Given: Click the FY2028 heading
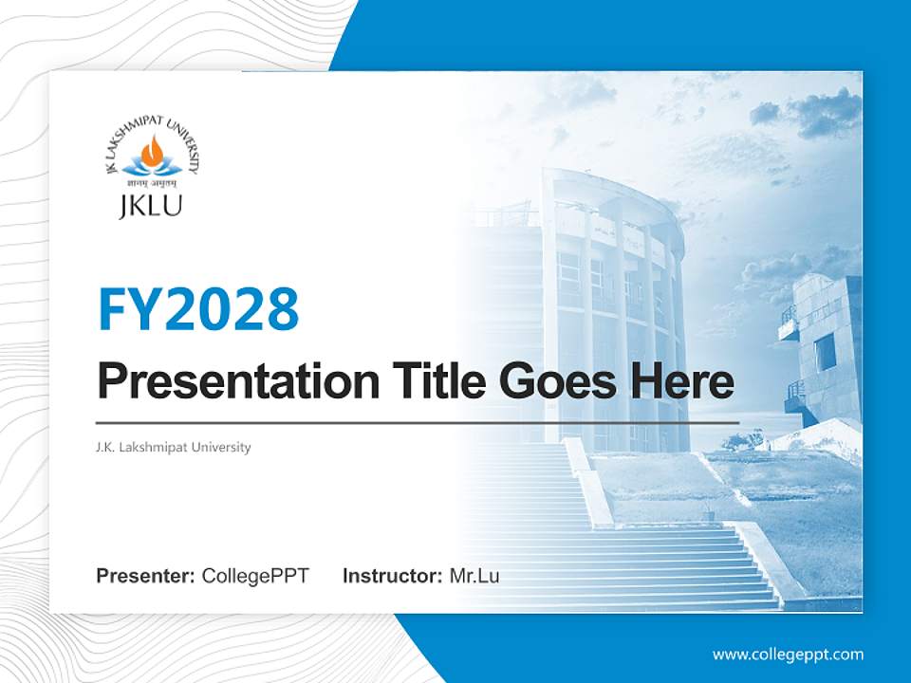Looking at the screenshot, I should [x=198, y=310].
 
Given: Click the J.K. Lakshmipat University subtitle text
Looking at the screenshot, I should [x=174, y=447].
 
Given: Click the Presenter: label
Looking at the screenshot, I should [x=146, y=576].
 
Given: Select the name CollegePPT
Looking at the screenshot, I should [x=255, y=576].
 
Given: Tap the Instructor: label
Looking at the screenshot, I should [x=392, y=576].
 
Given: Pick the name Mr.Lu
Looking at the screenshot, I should [x=474, y=576].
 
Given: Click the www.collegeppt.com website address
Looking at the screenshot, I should [x=788, y=654].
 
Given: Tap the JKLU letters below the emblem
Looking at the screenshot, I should [x=151, y=206].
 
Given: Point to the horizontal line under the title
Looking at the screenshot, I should [x=418, y=422].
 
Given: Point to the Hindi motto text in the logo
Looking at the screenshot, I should [x=152, y=183].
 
